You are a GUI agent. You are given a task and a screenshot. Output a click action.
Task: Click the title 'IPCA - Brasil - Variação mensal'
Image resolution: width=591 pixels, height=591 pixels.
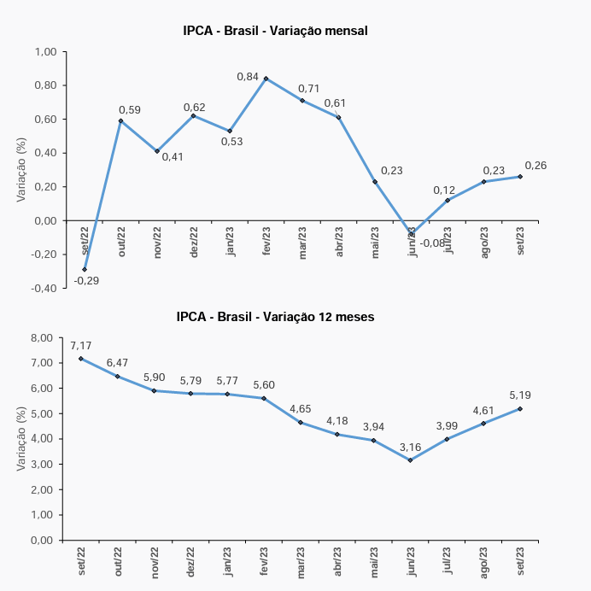coord(275,32)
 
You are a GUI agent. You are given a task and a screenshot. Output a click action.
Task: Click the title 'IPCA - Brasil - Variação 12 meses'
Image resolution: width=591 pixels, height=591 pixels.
coord(275,316)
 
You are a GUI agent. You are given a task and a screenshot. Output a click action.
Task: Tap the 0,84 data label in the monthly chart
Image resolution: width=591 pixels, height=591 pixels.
coord(248,77)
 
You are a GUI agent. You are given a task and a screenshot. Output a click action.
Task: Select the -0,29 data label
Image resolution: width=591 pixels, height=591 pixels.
coord(86,280)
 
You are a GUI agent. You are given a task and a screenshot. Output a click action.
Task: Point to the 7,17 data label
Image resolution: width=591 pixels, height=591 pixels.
coord(81,346)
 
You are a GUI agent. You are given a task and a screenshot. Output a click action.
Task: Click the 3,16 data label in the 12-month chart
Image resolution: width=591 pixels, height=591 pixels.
coord(412,447)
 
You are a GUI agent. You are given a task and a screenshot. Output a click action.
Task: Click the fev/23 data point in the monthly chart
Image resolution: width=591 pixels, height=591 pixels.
coord(266,79)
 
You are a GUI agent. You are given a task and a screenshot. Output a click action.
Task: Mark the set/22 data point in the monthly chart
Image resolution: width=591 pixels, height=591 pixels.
coord(85,269)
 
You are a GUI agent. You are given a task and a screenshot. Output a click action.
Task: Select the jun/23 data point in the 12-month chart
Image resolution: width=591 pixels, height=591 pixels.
coord(411,460)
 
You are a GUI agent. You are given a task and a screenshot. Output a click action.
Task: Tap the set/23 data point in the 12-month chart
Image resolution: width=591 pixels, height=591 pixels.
coord(520,408)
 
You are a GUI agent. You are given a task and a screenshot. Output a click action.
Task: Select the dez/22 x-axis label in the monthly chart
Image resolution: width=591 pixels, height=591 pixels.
coord(194,241)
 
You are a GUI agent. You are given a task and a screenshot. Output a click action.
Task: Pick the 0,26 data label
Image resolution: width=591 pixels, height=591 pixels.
coord(535,165)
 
